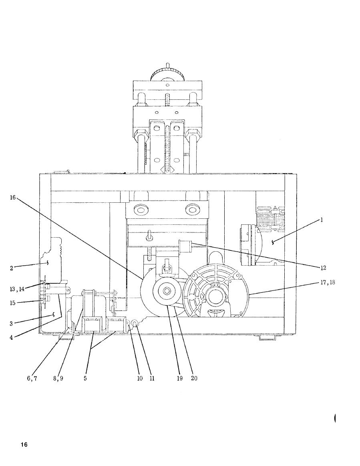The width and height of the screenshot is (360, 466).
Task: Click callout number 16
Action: tap(13, 197)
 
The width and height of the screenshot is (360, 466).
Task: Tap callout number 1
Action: tap(322, 220)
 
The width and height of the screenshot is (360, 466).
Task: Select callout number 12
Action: tap(323, 268)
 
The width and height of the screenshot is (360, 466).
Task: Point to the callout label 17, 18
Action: tap(328, 282)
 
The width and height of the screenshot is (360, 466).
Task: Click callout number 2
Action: tap(12, 268)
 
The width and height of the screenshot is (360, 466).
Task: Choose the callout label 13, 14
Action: tap(17, 289)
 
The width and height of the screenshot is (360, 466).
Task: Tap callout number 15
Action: tap(12, 303)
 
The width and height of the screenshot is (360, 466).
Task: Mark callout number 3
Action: tap(11, 323)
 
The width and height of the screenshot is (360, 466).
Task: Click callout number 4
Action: tap(11, 338)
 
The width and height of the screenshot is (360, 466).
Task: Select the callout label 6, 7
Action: tap(32, 379)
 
